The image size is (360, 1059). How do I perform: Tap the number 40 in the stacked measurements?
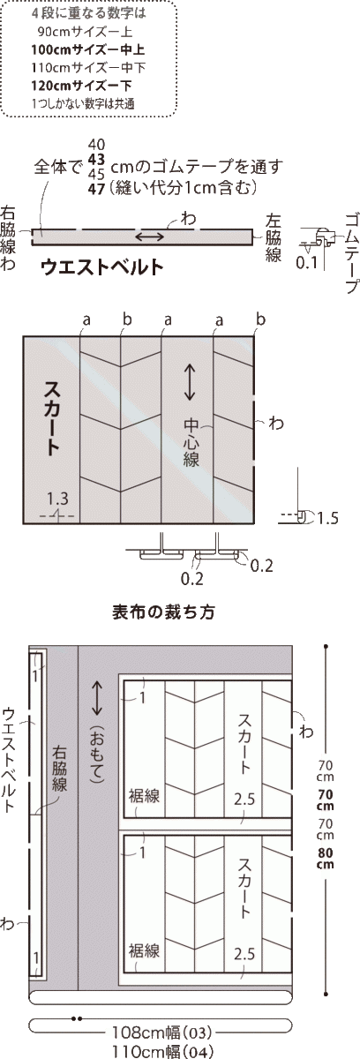[97, 145]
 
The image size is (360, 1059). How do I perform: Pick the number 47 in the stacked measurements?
[97, 188]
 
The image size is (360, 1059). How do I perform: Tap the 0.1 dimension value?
[307, 262]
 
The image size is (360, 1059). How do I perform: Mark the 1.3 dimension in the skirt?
[57, 497]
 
